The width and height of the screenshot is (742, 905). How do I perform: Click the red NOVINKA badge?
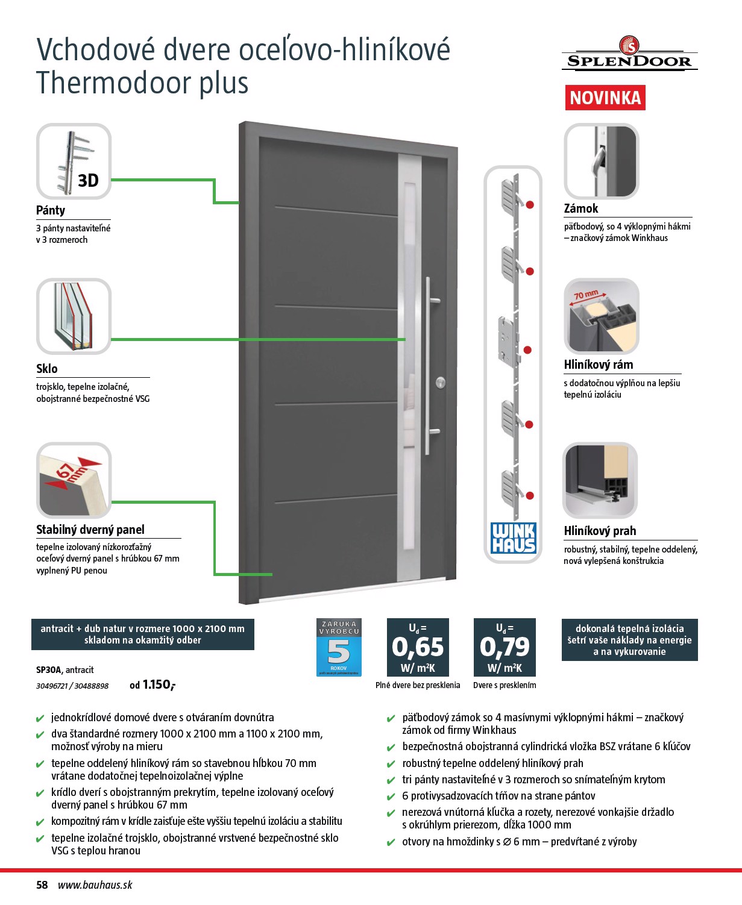[x=605, y=98]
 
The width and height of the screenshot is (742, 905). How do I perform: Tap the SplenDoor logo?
[x=629, y=53]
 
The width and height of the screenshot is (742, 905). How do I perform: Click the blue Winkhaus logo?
[x=513, y=537]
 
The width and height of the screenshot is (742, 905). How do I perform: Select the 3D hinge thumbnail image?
[x=74, y=161]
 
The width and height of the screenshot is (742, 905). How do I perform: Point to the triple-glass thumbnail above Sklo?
[x=74, y=316]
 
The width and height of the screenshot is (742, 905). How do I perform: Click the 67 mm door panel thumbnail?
[x=74, y=480]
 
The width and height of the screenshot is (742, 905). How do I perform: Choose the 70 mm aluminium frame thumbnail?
[x=601, y=316]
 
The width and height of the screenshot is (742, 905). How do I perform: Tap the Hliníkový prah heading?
[x=600, y=531]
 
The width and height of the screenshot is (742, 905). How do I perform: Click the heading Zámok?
[x=581, y=208]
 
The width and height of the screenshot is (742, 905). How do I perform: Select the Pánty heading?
[x=51, y=210]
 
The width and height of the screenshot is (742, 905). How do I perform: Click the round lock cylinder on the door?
[x=441, y=383]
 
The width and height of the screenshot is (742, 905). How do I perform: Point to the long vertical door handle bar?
[x=428, y=366]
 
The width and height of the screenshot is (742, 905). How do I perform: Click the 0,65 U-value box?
[x=418, y=647]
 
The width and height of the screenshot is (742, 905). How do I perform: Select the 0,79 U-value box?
[x=505, y=647]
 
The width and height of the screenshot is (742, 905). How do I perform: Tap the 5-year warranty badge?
[x=339, y=647]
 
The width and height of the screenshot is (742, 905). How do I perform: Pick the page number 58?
[x=42, y=885]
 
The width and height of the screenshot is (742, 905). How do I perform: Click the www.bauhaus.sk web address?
[x=95, y=885]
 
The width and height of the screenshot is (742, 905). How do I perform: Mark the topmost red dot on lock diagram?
[x=530, y=205]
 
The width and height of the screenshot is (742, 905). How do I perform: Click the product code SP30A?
[x=49, y=670]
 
